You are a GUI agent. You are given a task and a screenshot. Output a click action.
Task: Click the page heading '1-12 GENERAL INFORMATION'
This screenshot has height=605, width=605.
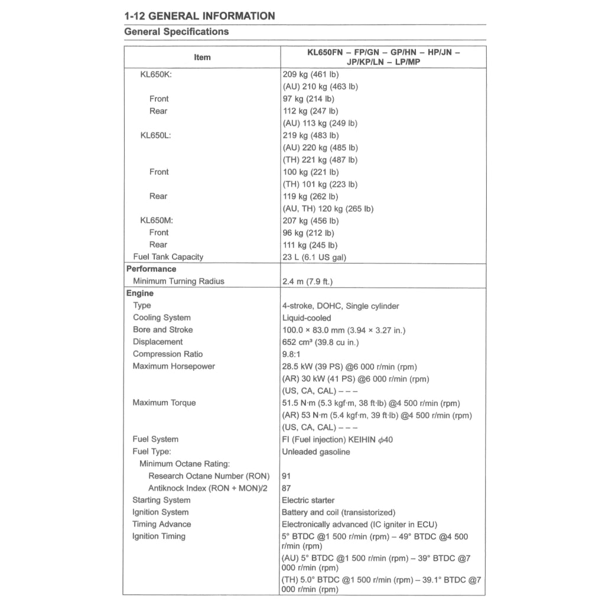[x=200, y=16]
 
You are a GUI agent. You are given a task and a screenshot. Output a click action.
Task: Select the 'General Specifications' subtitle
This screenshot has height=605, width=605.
[x=177, y=32]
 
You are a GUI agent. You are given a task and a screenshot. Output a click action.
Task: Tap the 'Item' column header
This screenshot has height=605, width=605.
[x=202, y=57]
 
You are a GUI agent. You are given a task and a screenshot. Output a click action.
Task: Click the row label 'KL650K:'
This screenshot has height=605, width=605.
[x=156, y=74]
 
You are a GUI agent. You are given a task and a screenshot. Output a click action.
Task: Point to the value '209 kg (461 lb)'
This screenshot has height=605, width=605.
[x=310, y=74]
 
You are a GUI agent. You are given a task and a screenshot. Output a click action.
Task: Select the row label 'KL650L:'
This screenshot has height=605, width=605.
[x=156, y=135]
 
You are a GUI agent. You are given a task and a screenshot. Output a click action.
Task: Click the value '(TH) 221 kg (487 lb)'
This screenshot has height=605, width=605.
[x=320, y=160]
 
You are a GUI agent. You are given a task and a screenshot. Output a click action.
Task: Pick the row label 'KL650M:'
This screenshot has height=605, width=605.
[x=157, y=220]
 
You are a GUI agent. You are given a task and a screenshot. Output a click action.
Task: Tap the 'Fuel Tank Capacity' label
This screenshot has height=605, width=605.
[x=168, y=257]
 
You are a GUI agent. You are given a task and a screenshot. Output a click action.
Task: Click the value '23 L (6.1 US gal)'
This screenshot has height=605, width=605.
[x=314, y=257]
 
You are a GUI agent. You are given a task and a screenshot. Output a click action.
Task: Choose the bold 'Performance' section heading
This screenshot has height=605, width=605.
[x=151, y=269]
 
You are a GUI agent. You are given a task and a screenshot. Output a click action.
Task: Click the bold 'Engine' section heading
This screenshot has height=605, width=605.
[x=140, y=293]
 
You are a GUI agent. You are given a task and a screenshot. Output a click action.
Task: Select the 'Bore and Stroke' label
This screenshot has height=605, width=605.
[x=162, y=330]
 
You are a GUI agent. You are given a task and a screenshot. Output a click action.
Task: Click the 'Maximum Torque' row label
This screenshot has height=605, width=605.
[x=164, y=403]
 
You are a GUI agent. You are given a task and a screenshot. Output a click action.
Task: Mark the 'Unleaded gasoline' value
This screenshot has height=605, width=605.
[x=315, y=452]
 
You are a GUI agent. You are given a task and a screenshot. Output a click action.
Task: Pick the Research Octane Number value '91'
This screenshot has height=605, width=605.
[x=287, y=476]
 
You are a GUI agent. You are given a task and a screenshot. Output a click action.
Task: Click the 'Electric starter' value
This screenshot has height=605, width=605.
[x=308, y=500]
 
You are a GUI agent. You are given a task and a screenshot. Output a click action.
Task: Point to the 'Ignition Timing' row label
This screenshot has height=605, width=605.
[x=158, y=536]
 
